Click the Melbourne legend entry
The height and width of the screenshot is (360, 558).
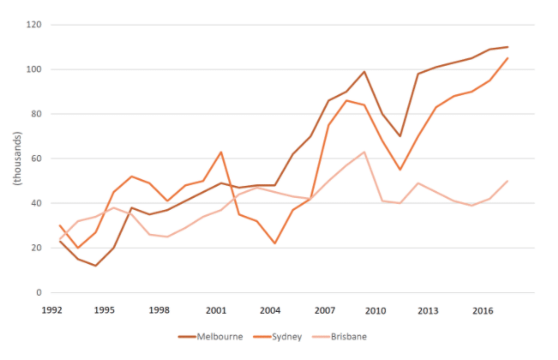click(211, 337)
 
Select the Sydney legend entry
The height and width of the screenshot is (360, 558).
click(278, 337)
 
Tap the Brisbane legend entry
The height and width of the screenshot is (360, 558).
click(339, 337)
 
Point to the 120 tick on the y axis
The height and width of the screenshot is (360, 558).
click(33, 25)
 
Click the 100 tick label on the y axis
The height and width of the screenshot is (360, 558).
click(33, 69)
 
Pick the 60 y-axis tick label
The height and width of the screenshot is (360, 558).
click(36, 159)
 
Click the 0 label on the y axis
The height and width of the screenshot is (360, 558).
click(39, 292)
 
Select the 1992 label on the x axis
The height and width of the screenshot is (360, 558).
click(52, 310)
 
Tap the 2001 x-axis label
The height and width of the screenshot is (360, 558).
click(216, 310)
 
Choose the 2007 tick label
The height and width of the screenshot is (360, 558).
click(325, 310)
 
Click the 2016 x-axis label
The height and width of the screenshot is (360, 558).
click(483, 310)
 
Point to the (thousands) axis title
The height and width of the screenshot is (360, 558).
click(17, 159)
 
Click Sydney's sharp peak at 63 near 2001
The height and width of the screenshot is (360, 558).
click(221, 152)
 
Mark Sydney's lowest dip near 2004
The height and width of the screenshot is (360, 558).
click(275, 243)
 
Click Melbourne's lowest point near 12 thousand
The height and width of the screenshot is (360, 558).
click(96, 266)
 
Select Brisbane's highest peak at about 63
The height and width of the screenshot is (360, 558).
click(364, 152)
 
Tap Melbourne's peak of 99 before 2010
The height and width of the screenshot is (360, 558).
click(364, 71)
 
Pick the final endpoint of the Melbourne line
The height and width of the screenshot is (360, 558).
click(507, 47)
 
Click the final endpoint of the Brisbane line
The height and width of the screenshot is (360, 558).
click(507, 181)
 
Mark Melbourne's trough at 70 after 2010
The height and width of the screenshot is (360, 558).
click(400, 136)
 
